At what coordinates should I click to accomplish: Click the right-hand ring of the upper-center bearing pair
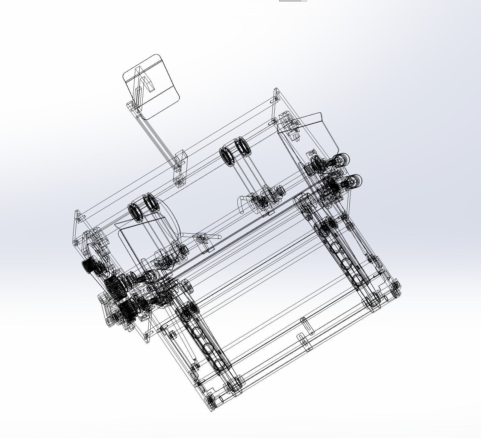pos(243,146)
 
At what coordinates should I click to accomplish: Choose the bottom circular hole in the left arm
pos(219,364)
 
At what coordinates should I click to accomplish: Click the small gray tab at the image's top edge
pos(292,1)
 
